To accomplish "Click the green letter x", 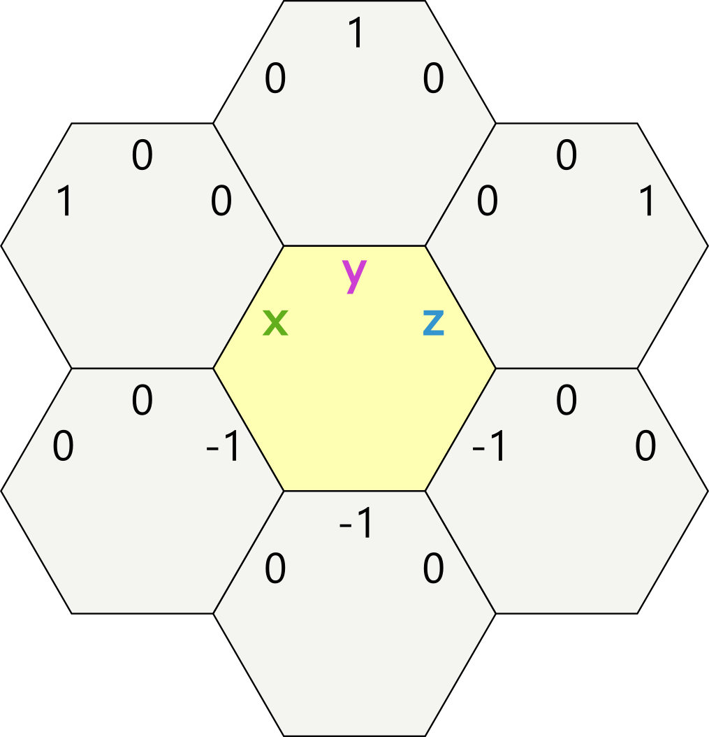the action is (275, 322).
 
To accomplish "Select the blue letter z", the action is (433, 322).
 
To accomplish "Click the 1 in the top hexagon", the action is (356, 34).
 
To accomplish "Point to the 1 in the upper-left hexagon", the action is (64, 202).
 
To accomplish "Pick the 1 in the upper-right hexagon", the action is (647, 202).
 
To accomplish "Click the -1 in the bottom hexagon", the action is (356, 524).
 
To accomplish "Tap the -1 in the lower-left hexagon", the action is (224, 448).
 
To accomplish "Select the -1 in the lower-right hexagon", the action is (489, 448).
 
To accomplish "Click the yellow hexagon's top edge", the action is (354, 246).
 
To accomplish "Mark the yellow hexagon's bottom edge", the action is (354, 491).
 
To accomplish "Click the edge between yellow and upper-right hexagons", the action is (460, 307).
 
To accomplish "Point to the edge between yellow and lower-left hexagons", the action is (249, 429).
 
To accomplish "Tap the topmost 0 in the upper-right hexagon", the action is (567, 156).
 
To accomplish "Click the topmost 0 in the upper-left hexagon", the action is (142, 156).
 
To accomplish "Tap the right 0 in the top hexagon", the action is (433, 79).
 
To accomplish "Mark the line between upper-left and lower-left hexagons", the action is (142, 368).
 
